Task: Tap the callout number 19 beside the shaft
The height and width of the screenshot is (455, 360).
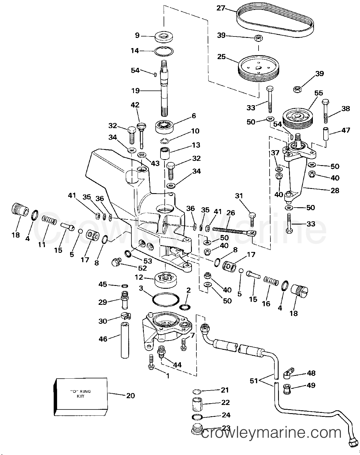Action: click(135, 91)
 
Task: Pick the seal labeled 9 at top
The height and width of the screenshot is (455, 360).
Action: click(164, 36)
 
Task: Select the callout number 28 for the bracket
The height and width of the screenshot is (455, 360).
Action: click(335, 191)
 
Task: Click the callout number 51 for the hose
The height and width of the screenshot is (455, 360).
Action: click(254, 381)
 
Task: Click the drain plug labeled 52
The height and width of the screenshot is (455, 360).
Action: click(115, 262)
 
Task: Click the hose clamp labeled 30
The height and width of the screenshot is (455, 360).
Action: click(125, 316)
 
